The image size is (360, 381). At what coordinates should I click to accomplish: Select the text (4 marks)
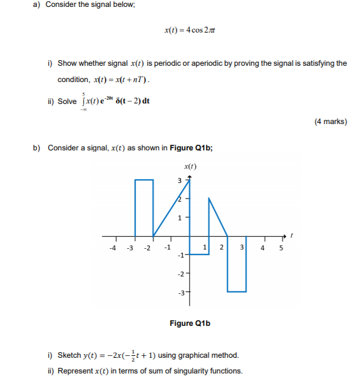pyautogui.click(x=331, y=122)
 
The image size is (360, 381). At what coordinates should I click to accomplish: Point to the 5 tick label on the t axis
pyautogui.click(x=281, y=247)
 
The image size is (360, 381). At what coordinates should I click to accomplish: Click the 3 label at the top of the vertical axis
pyautogui.click(x=180, y=181)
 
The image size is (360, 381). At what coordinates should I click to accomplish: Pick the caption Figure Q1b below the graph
pyautogui.click(x=190, y=323)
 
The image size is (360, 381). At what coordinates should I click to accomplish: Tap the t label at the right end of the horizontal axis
pyautogui.click(x=292, y=236)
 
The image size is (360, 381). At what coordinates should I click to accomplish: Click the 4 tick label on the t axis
pyautogui.click(x=263, y=247)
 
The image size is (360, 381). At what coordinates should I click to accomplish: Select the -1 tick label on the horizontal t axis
pyautogui.click(x=166, y=247)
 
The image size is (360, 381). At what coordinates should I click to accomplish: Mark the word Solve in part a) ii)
pyautogui.click(x=67, y=102)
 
